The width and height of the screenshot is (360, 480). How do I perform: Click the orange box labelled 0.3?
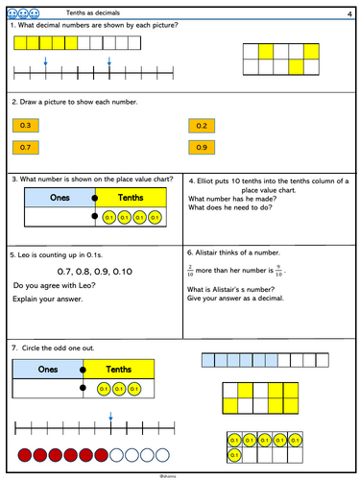tap(26, 126)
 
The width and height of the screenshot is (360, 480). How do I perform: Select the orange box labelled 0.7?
tap(26, 148)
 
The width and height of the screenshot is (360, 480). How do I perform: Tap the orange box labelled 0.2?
tap(202, 126)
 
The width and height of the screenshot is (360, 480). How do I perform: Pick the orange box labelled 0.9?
tap(202, 148)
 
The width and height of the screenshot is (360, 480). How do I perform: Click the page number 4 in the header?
tap(349, 14)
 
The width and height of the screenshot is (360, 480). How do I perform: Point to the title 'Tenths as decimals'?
tap(93, 12)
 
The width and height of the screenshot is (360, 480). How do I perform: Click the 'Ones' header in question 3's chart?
tap(60, 198)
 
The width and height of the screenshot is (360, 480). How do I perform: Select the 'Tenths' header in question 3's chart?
tap(131, 198)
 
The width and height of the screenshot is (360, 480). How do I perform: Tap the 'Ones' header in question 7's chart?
tap(48, 370)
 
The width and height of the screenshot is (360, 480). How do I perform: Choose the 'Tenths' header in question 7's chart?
tap(119, 370)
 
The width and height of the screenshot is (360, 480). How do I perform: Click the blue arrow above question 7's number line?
tap(110, 417)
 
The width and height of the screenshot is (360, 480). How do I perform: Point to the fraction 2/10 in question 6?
tap(190, 271)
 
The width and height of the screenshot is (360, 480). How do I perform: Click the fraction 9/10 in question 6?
tap(278, 271)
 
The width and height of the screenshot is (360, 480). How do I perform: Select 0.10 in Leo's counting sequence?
tap(123, 272)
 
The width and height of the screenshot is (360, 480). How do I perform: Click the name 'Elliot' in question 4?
tap(204, 181)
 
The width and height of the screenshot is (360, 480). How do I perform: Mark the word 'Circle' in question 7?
tap(31, 348)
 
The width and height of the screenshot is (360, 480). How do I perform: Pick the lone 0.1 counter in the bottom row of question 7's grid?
tap(234, 455)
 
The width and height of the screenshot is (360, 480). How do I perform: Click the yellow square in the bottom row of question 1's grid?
tap(296, 67)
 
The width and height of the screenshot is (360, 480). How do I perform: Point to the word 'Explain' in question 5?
tap(24, 300)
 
